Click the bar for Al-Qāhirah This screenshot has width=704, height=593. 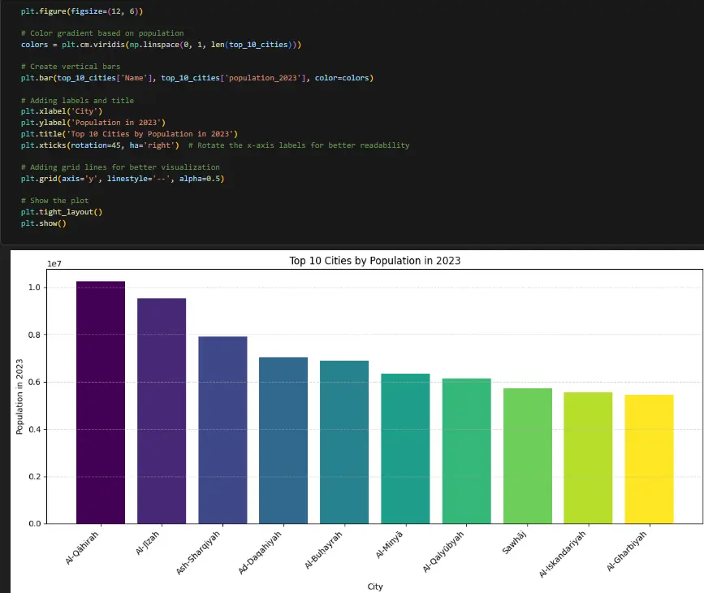[101, 402]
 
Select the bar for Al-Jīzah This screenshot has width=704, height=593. [162, 411]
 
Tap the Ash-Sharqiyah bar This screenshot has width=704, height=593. [222, 430]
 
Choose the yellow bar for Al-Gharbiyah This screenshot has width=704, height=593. [649, 459]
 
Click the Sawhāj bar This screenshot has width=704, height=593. [527, 456]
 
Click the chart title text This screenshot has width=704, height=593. [375, 261]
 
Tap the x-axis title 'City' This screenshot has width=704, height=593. [374, 586]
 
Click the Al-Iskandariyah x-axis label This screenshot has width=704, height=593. [563, 555]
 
